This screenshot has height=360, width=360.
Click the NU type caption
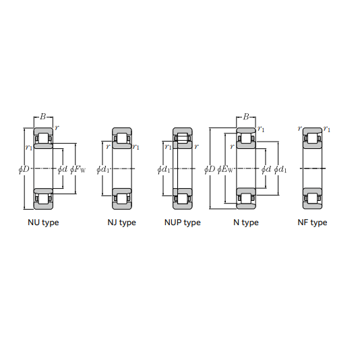coord(43,222)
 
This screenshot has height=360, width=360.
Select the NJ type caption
coord(121,222)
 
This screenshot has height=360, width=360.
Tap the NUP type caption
coord(183,222)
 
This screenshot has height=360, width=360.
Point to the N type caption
coord(246,222)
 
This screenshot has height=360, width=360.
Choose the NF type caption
coord(312,222)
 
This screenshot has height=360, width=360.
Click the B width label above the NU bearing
coord(43,117)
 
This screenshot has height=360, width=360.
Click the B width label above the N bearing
coord(246,117)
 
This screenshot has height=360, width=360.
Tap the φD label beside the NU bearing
coord(24,169)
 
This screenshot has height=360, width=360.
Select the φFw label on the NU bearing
coord(78,169)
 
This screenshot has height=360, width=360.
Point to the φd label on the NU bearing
coord(63,169)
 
